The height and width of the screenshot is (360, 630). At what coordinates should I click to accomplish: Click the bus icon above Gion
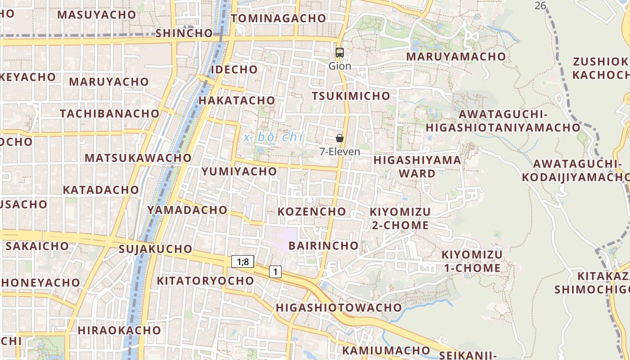pyautogui.click(x=340, y=53)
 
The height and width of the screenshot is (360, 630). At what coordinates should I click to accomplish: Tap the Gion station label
pyautogui.click(x=340, y=66)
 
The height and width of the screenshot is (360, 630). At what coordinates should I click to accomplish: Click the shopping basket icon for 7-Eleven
pyautogui.click(x=340, y=138)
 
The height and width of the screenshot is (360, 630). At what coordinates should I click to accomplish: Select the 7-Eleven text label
pyautogui.click(x=340, y=152)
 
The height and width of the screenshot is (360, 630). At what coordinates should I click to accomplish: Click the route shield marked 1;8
pyautogui.click(x=243, y=261)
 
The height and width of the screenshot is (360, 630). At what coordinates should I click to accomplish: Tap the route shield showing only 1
pyautogui.click(x=275, y=272)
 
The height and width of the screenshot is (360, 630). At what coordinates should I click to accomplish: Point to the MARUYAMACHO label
pyautogui.click(x=456, y=57)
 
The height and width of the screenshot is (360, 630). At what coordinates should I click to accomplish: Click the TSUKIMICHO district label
pyautogui.click(x=351, y=96)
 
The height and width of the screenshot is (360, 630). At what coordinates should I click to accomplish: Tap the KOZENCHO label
pyautogui.click(x=311, y=211)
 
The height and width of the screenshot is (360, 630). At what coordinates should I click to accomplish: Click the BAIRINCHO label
pyautogui.click(x=323, y=246)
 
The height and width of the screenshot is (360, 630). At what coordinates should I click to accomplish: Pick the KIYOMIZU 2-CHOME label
pyautogui.click(x=400, y=218)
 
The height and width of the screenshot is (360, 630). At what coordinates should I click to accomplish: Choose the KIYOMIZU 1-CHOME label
pyautogui.click(x=472, y=261)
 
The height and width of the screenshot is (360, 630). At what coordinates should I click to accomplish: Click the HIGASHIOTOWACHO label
pyautogui.click(x=338, y=308)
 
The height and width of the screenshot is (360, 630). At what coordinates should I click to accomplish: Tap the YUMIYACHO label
pyautogui.click(x=239, y=171)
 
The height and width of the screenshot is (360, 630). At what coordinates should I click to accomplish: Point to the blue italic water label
pyautogui.click(x=274, y=137)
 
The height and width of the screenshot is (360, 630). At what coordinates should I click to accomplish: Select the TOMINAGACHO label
pyautogui.click(x=278, y=18)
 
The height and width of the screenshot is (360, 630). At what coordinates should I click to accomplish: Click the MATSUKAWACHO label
pyautogui.click(x=138, y=158)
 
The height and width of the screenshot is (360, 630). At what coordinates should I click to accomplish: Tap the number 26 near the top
pyautogui.click(x=540, y=5)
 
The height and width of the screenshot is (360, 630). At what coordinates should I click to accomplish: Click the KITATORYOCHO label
pyautogui.click(x=205, y=281)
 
